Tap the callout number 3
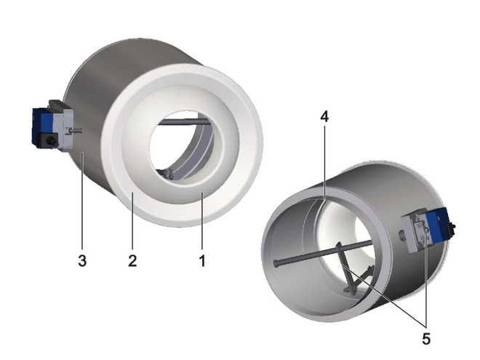pos(82,260)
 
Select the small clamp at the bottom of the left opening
pos(167,172)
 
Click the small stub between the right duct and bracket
pos(402,234)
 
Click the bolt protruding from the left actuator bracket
pos(75,132)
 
